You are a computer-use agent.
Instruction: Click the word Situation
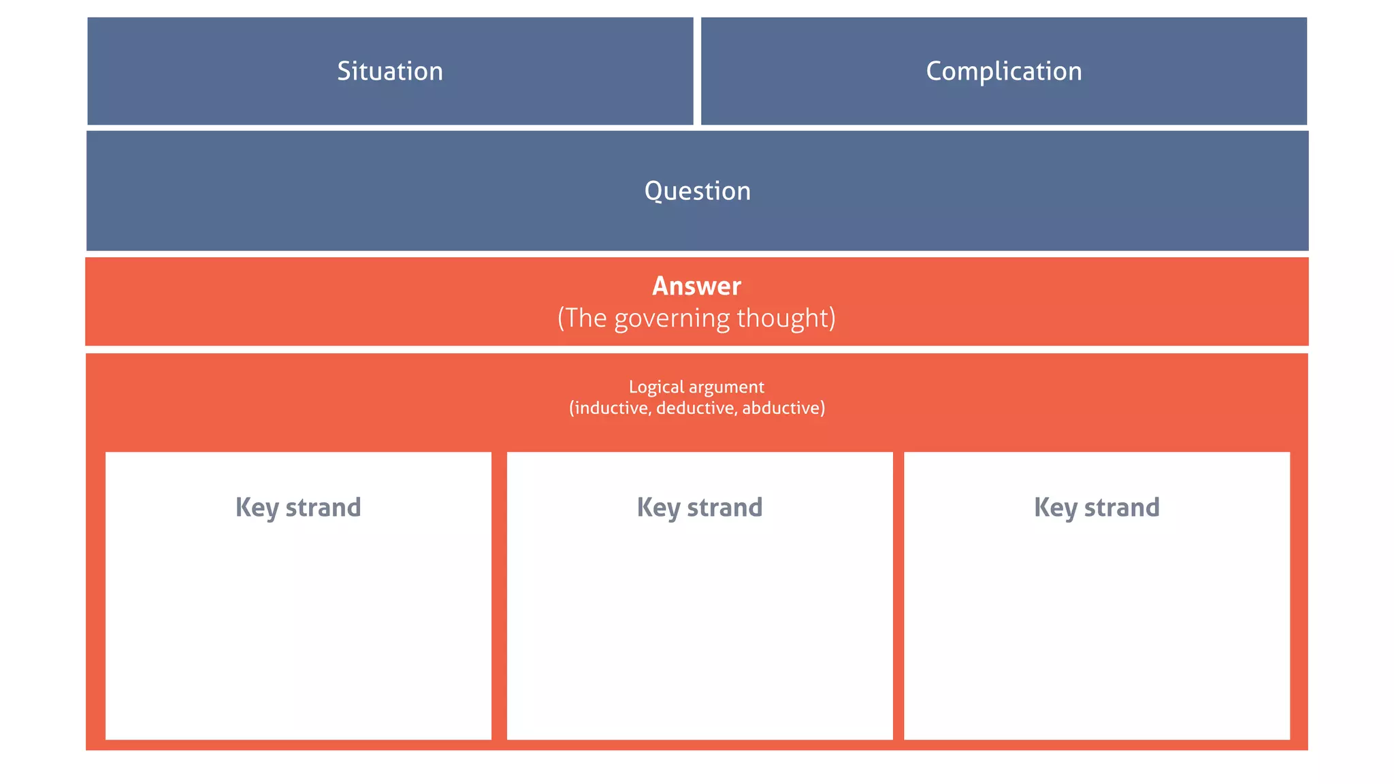coord(390,71)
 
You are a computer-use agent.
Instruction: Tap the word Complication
coord(1003,71)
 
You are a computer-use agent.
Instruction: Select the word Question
coord(697,191)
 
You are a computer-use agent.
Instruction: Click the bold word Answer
coord(696,287)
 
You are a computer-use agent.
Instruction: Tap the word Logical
coord(656,387)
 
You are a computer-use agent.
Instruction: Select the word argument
coord(726,388)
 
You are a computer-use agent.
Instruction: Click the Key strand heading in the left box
coord(298,508)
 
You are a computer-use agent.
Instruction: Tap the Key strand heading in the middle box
coord(700,508)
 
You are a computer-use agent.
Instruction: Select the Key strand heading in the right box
coord(1097,508)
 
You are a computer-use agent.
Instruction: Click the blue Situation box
coord(204,95)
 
